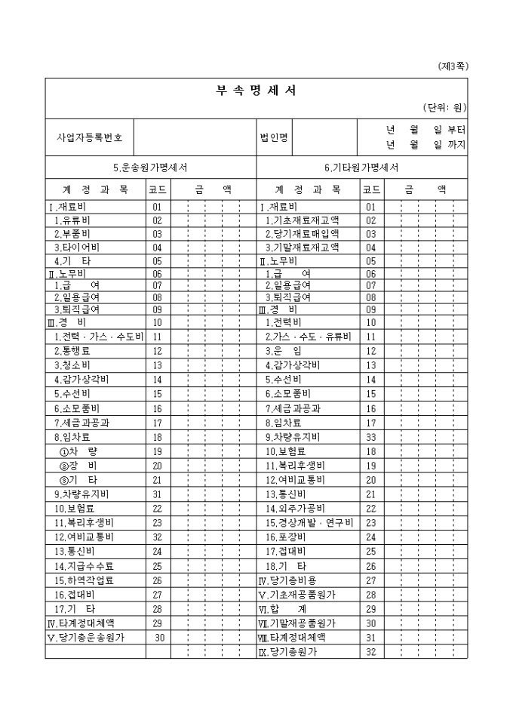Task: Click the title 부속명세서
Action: [256, 91]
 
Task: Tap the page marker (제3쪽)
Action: [453, 66]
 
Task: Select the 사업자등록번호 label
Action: [90, 138]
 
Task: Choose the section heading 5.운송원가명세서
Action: [151, 168]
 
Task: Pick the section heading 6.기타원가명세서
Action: [362, 168]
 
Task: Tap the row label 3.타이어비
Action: [76, 248]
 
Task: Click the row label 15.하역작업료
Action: [83, 580]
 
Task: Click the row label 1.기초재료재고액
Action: [301, 220]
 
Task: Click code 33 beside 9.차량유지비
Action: [370, 436]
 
